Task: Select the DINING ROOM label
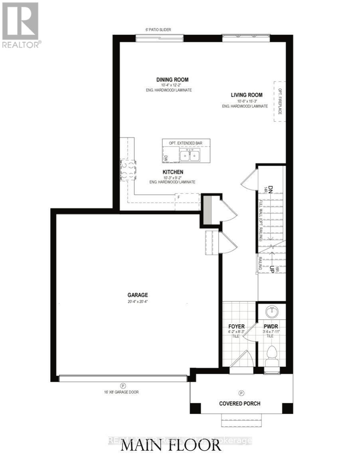click(172, 80)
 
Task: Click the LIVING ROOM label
click(246, 95)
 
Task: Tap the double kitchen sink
click(190, 156)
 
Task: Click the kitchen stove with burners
click(128, 169)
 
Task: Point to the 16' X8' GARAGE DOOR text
click(120, 392)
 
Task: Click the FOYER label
click(234, 326)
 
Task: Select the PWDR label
click(270, 326)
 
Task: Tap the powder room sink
click(271, 311)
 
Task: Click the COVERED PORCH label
click(239, 403)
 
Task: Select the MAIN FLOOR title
click(171, 445)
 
